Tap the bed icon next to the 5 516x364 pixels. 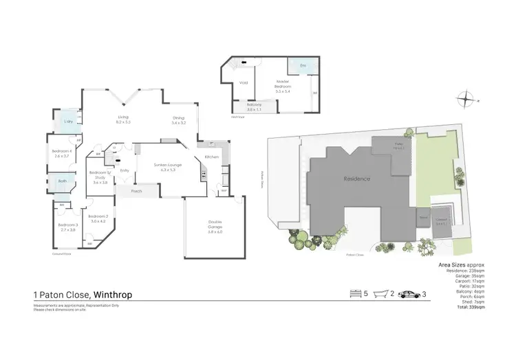356,294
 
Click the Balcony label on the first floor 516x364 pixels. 255,107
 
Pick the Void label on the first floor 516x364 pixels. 243,83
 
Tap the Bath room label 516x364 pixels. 63,181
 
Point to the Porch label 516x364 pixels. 136,191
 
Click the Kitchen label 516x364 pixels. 211,157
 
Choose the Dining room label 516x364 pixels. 179,120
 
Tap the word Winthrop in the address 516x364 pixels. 113,295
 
